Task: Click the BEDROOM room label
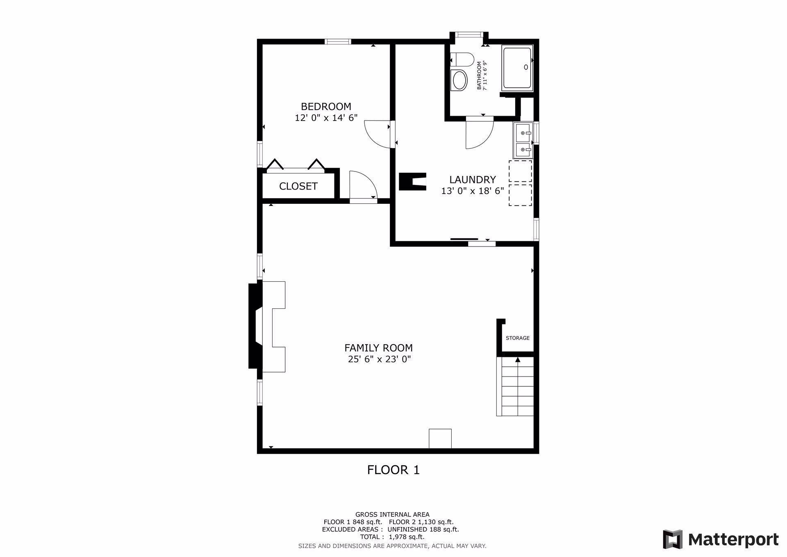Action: click(x=326, y=107)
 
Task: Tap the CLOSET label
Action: click(x=298, y=186)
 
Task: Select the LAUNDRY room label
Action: click(x=472, y=180)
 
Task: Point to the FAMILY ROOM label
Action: click(x=378, y=348)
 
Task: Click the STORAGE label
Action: click(x=517, y=338)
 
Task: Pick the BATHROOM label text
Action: click(x=479, y=75)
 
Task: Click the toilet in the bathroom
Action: click(x=461, y=60)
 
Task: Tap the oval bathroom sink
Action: click(x=459, y=80)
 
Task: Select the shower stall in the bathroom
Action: click(x=517, y=68)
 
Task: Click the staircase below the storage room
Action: click(x=515, y=386)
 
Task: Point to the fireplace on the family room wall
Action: click(x=266, y=326)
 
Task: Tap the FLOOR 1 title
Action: click(x=393, y=470)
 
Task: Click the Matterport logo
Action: click(x=721, y=539)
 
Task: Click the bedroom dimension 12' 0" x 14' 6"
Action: click(x=326, y=118)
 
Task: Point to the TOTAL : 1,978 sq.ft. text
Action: click(x=392, y=537)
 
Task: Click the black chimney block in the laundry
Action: click(x=412, y=181)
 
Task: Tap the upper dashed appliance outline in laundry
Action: click(x=520, y=171)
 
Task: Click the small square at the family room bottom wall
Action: click(x=440, y=438)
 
